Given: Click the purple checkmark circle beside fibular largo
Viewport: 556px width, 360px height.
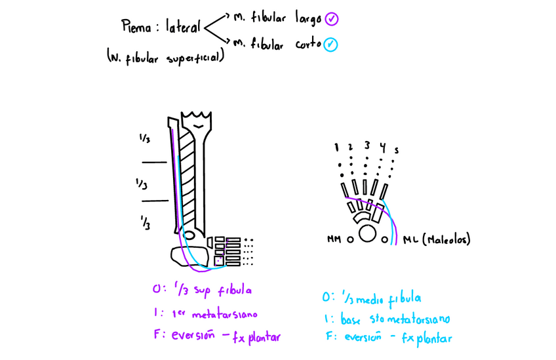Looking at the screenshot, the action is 331,18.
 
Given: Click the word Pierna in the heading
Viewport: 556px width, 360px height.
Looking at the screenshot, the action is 136,27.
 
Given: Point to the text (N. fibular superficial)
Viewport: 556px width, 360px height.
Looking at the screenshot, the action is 166,58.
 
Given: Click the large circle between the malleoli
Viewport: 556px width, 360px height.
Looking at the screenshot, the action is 368,234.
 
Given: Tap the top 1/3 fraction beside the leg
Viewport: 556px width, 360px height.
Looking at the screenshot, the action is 144,139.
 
